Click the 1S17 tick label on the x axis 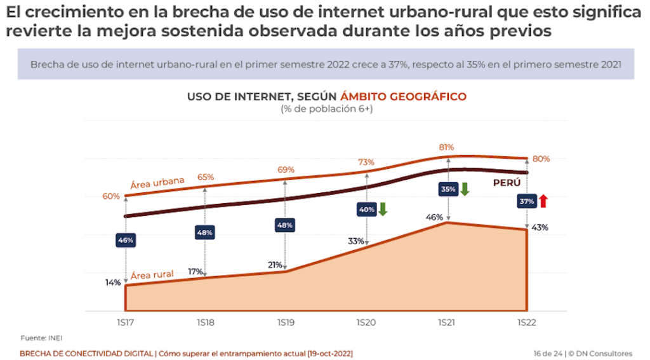coord(126,323)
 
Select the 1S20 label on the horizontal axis coord(366,323)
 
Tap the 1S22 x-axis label coord(527,323)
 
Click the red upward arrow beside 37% coord(543,201)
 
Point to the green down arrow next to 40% coord(383,209)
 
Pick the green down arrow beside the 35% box coord(464,189)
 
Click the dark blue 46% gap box coord(126,241)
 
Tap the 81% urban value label coord(448,147)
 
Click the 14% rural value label coord(113,283)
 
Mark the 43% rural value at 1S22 coord(540,227)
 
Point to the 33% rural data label coord(355,241)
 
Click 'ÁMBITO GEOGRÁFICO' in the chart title coord(403,97)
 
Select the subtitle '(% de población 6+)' coord(327,109)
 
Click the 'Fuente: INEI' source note coord(41,337)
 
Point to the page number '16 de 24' coord(547,353)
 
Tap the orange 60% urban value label coord(111,196)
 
